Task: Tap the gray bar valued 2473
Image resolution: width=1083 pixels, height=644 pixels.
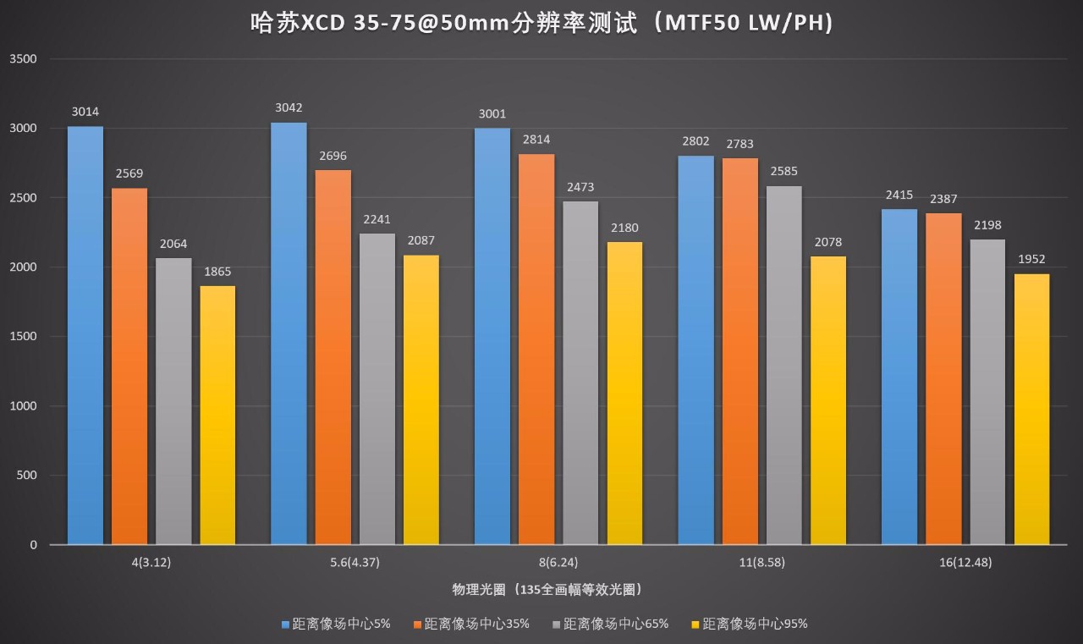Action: pyautogui.click(x=580, y=372)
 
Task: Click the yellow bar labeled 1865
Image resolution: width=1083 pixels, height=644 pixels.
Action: pyautogui.click(x=217, y=415)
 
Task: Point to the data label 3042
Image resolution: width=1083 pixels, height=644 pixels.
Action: pyautogui.click(x=289, y=107)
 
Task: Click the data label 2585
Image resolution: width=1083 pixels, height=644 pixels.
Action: pyautogui.click(x=784, y=171)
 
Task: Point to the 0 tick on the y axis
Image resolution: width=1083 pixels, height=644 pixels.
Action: pyautogui.click(x=34, y=545)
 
